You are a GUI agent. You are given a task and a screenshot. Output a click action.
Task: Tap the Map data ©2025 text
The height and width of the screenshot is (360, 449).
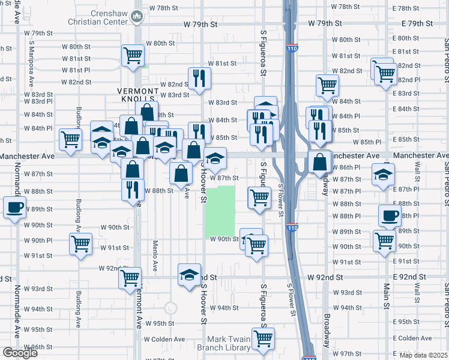pyautogui.click(x=423, y=355)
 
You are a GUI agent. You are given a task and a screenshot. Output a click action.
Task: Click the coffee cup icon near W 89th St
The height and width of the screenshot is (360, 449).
pyautogui.click(x=14, y=208)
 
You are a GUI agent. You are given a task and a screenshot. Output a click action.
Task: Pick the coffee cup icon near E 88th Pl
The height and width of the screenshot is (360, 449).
pyautogui.click(x=389, y=215)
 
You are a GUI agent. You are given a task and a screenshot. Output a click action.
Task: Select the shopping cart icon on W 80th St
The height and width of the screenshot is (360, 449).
pyautogui.click(x=133, y=55)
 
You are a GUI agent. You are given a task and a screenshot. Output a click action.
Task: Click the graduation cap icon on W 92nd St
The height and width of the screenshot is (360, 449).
pyautogui.click(x=190, y=274)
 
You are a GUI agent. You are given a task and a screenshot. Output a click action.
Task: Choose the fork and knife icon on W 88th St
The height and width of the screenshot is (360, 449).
pyautogui.click(x=133, y=189)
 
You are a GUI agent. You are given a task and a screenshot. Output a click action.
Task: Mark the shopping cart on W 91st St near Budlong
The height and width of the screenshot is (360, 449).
pyautogui.click(x=80, y=244)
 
